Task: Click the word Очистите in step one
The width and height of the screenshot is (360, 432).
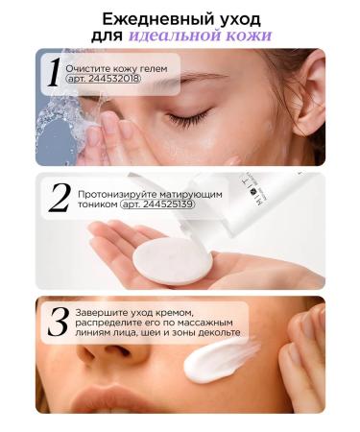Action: pos(88,69)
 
